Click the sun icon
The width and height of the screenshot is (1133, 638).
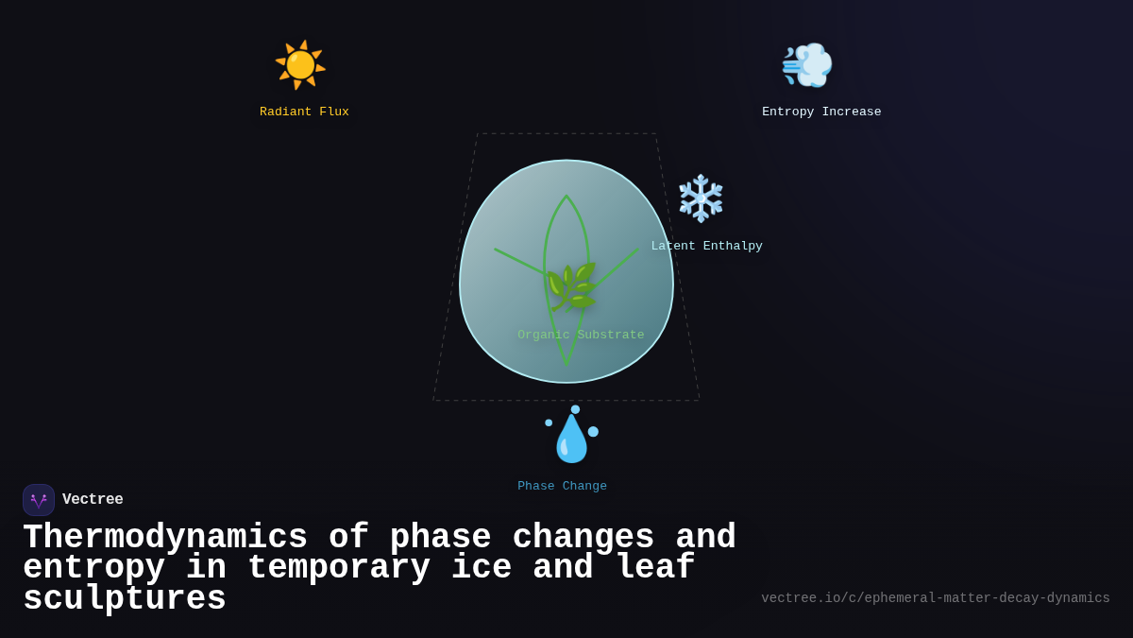(x=300, y=65)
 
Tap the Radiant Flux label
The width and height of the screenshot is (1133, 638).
(x=304, y=112)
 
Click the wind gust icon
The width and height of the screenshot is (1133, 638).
(x=806, y=65)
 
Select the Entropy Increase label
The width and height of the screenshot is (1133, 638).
(x=821, y=112)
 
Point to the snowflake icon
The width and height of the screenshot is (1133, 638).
(x=701, y=198)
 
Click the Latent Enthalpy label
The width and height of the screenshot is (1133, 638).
(x=706, y=247)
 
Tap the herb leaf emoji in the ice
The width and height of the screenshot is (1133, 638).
(x=571, y=286)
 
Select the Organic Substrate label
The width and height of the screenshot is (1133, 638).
(x=581, y=336)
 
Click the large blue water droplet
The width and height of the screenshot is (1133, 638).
(x=571, y=440)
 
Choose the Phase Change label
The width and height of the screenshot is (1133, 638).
(x=562, y=487)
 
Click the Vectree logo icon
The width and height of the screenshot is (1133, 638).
(x=39, y=500)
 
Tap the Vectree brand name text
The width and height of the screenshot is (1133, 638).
(x=93, y=500)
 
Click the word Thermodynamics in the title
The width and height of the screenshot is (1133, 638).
(x=165, y=538)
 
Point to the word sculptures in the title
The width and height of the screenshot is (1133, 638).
(x=125, y=599)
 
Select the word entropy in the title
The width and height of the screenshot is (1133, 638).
(x=93, y=568)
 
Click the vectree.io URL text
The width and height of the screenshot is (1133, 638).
(x=935, y=598)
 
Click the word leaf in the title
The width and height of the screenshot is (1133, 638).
(x=654, y=568)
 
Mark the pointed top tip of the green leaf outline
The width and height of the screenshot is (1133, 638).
(x=566, y=197)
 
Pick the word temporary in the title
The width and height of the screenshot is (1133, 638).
(x=338, y=568)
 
